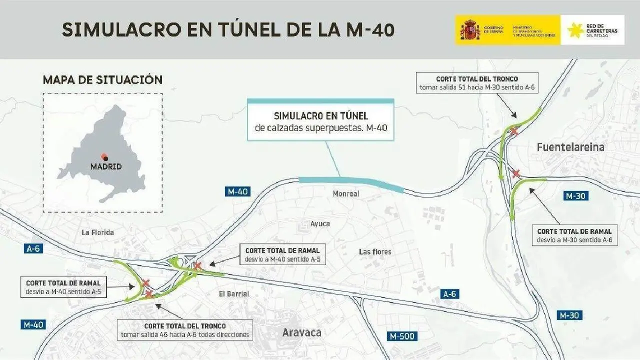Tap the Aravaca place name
301,332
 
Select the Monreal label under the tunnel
346,193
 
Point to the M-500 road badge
402,336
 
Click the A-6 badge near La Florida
33,248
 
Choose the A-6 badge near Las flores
449,294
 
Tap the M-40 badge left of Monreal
237,191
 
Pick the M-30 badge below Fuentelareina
575,196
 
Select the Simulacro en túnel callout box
320,120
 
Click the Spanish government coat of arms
470,30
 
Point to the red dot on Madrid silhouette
104,156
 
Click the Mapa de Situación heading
102,80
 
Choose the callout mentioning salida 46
185,330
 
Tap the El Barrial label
234,294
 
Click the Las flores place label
375,251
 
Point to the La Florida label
97,232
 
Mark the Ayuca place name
320,223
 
